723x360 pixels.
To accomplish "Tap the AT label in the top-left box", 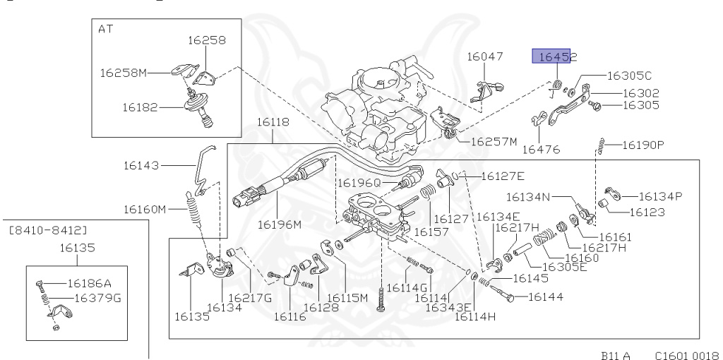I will click(x=105, y=29).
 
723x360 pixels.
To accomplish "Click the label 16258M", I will click(x=124, y=72).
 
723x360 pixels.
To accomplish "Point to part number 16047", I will click(x=485, y=56).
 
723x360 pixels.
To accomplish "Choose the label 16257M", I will click(x=494, y=141).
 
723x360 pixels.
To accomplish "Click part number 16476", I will click(x=541, y=149).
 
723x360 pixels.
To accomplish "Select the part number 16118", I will click(x=273, y=122).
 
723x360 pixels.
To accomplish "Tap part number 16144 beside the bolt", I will click(x=545, y=297).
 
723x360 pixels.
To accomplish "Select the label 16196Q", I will click(x=359, y=182).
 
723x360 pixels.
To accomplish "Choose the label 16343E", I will click(x=434, y=308).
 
